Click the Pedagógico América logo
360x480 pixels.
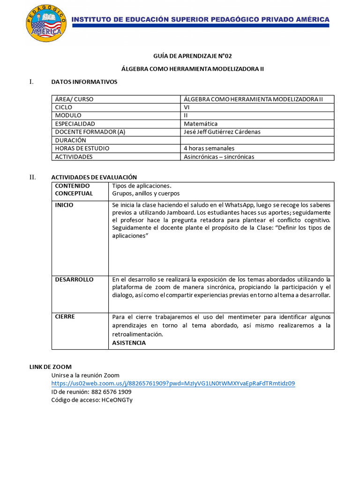coord(46,23)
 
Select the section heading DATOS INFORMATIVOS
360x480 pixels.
coord(84,82)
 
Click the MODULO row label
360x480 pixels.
coord(68,115)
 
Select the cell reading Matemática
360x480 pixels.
coord(201,124)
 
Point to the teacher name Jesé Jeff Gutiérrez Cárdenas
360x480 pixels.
coord(222,132)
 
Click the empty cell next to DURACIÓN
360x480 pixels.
coord(257,140)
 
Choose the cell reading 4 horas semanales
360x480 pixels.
coord(209,148)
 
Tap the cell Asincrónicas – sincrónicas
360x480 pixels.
coord(219,157)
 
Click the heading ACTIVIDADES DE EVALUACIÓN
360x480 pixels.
coord(94,177)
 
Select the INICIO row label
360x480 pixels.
coord(64,205)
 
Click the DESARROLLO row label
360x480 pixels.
coord(74,279)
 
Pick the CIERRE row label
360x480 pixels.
coord(65,316)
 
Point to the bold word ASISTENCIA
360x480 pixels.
coord(129,343)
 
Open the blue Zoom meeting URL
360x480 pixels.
coord(173,383)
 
